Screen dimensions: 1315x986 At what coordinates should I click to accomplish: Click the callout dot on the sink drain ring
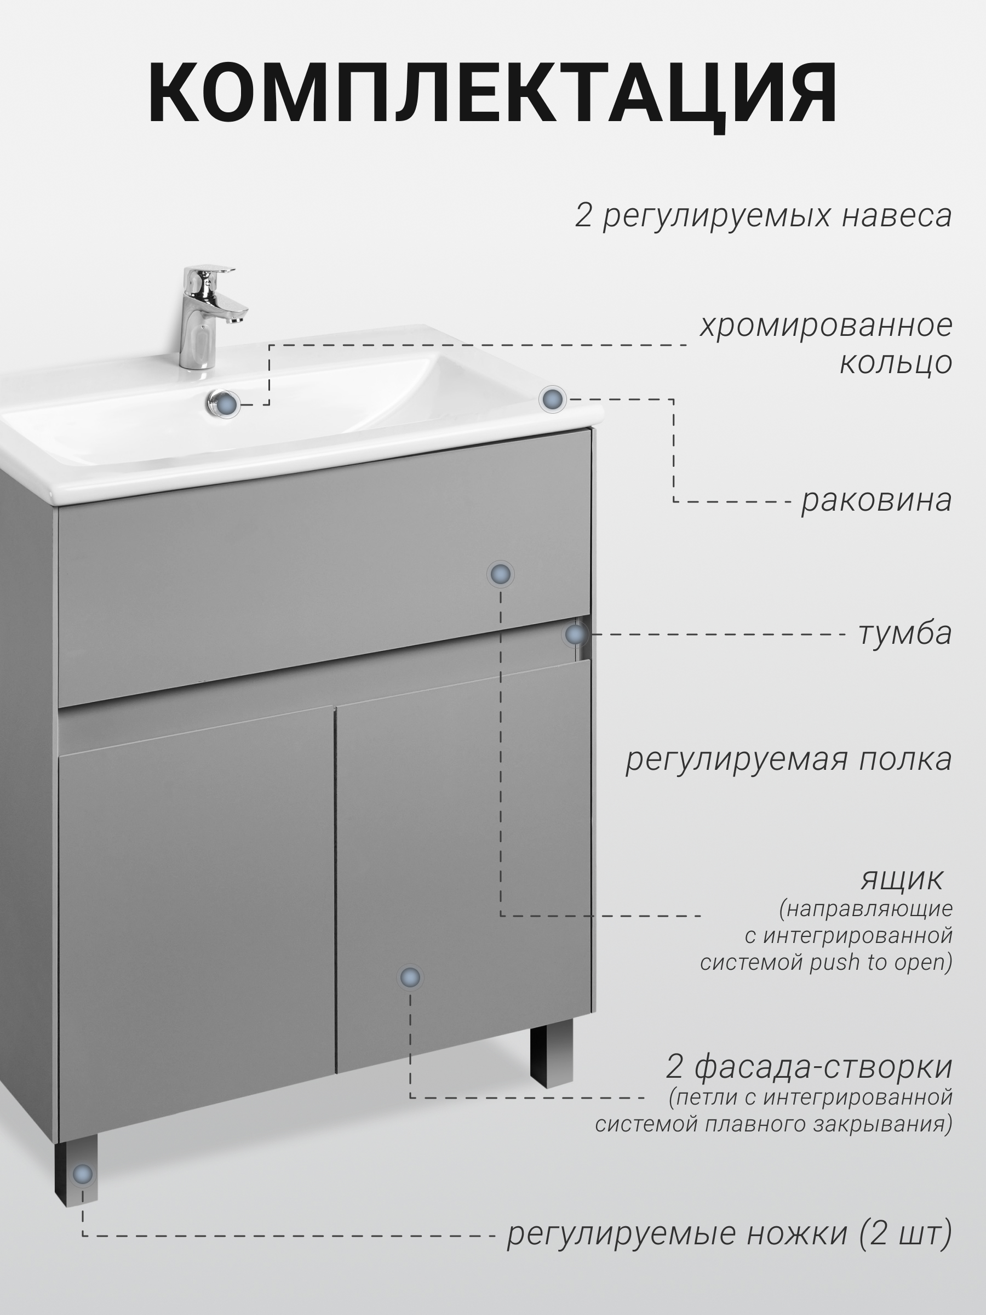coord(226,404)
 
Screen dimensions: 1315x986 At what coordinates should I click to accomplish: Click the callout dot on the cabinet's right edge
coord(575,635)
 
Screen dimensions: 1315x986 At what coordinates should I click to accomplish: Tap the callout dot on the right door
coord(410,977)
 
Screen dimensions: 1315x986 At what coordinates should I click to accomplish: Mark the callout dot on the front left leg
coord(83,1174)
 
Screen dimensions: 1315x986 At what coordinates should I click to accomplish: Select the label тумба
coord(904,633)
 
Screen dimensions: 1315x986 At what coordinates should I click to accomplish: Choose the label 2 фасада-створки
coord(809,1066)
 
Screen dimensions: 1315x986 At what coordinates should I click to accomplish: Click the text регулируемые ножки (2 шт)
coord(729,1233)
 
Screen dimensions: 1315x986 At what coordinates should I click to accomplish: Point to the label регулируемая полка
coord(788,760)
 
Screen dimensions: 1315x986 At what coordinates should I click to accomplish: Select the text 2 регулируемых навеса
coord(763,216)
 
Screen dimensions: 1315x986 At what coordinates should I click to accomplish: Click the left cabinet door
coord(196,916)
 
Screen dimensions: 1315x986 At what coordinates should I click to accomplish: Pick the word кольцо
coord(896,362)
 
